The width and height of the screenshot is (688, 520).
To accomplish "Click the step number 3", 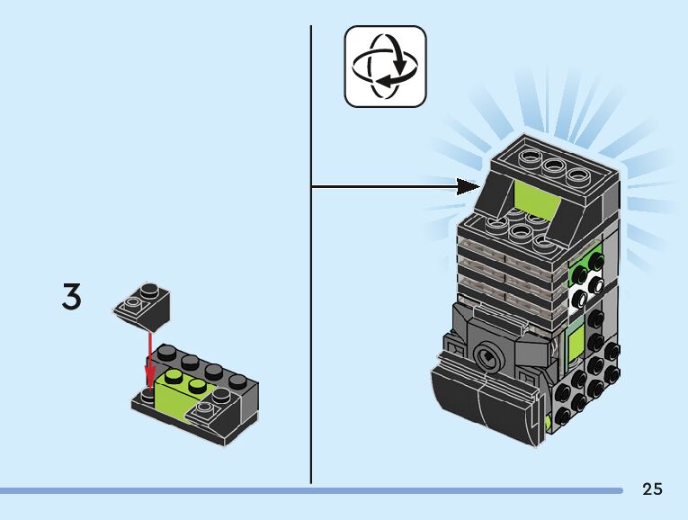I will pos(71,298).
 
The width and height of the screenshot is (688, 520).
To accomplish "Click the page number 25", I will pos(652,489).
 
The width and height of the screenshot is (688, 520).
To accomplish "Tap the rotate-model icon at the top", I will pos(386,66).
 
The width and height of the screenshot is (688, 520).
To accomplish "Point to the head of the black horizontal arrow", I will pos(469,186).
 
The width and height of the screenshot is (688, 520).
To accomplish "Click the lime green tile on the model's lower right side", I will pos(573,345).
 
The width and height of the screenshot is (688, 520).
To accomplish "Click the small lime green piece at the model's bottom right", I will pos(548,421).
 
